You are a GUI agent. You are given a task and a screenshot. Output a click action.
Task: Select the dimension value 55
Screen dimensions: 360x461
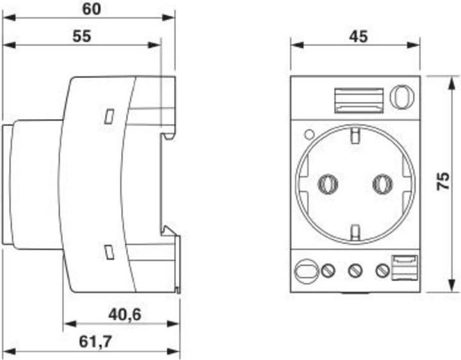click(x=81, y=36)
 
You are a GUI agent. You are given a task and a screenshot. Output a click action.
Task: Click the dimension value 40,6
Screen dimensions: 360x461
click(x=126, y=315)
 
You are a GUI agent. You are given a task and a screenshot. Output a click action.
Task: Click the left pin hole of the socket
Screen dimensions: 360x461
click(x=328, y=184)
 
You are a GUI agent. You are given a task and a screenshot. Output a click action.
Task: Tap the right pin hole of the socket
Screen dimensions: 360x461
click(x=382, y=184)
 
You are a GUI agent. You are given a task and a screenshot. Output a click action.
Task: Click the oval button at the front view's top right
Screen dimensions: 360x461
click(x=402, y=97)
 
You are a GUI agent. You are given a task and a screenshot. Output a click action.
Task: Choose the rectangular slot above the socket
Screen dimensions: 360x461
click(x=359, y=99)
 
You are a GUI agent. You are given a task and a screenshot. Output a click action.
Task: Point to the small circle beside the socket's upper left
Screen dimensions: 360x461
click(x=309, y=135)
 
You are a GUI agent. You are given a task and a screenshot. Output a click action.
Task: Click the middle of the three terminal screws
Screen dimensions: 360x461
click(x=355, y=271)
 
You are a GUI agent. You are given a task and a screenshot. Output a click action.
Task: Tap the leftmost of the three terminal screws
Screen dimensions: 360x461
click(x=328, y=271)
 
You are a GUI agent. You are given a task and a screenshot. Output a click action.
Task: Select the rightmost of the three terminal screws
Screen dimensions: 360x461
click(x=382, y=271)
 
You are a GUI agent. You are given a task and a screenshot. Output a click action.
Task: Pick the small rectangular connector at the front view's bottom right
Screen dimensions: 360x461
click(x=405, y=267)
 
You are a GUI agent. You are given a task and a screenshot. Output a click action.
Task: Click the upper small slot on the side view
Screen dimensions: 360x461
click(x=109, y=116)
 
